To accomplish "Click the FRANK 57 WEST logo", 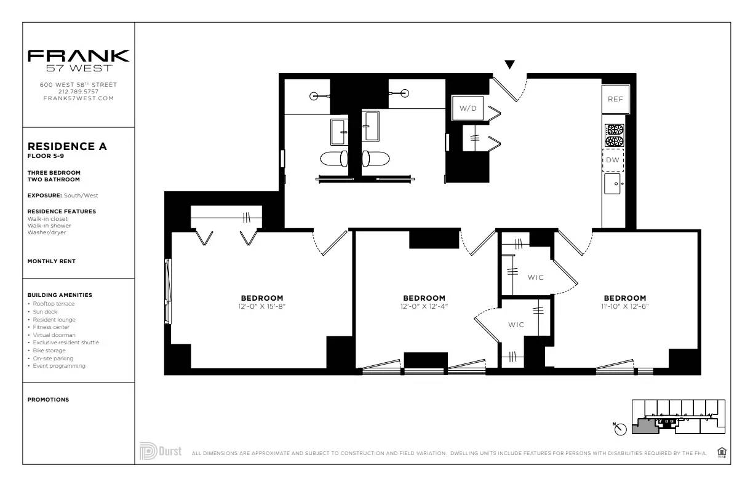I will [78, 60].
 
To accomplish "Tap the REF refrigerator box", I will [615, 99].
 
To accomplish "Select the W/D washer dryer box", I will [468, 108].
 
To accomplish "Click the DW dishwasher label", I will [613, 160].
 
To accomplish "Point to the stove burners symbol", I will [614, 135].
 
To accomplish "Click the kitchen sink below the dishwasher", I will [613, 183].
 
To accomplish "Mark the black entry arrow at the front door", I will [509, 65].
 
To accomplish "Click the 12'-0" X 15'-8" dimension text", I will [262, 306].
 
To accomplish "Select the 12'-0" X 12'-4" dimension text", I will [424, 306].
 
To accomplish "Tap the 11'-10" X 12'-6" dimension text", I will [624, 306].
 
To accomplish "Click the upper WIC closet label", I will [535, 277].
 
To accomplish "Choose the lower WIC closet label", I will [516, 325].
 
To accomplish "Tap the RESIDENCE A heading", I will [67, 146].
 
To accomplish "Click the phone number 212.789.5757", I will [78, 92].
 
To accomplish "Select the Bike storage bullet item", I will [49, 350].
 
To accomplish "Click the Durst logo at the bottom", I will [161, 451].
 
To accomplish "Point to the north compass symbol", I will [620, 429].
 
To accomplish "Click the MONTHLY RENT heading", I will [52, 261].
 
